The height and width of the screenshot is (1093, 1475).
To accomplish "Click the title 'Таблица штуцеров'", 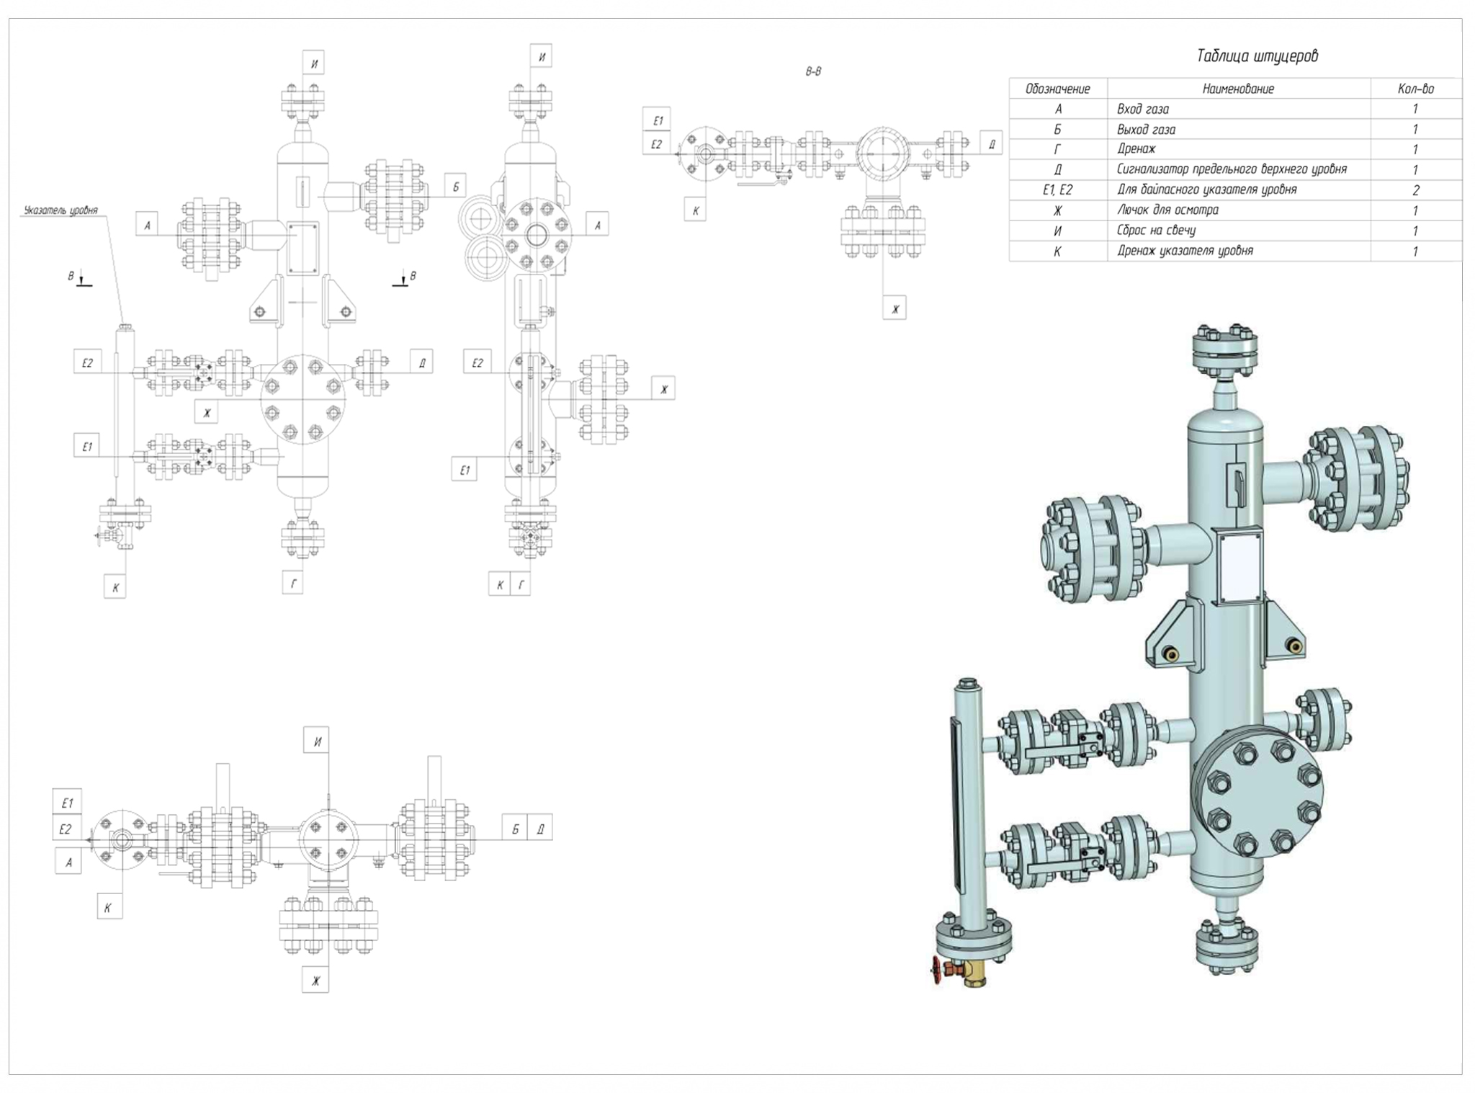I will tap(1257, 56).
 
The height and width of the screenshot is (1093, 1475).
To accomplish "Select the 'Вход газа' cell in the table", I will tap(1143, 109).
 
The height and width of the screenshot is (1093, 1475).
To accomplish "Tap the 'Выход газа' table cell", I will tap(1146, 130).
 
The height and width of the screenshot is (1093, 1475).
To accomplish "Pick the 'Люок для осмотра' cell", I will tap(1167, 210).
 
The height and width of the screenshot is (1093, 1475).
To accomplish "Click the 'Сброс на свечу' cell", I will tap(1156, 231).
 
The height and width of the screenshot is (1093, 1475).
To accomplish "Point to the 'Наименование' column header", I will tap(1238, 89).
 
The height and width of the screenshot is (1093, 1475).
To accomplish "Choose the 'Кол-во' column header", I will tap(1415, 89).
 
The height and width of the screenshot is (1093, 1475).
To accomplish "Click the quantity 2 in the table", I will tap(1415, 190).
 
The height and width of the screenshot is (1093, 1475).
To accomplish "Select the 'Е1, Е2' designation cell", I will tap(1057, 190).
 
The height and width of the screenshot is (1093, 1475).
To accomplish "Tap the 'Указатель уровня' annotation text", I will tap(60, 210).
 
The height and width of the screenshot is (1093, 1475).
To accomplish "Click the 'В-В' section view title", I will tap(813, 71).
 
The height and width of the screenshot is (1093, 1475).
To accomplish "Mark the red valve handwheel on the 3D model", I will tap(937, 971).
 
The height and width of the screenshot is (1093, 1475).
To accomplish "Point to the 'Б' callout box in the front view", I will tap(455, 187).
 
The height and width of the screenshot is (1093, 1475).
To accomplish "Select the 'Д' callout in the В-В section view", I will tap(992, 144).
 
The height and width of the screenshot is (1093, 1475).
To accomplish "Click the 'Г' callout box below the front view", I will tap(293, 584).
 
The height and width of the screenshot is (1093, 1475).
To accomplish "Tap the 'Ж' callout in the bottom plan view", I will tap(315, 981).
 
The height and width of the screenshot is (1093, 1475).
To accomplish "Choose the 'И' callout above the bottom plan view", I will tap(317, 741).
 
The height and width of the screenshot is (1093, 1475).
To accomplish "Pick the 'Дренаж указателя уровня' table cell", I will tap(1185, 251).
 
